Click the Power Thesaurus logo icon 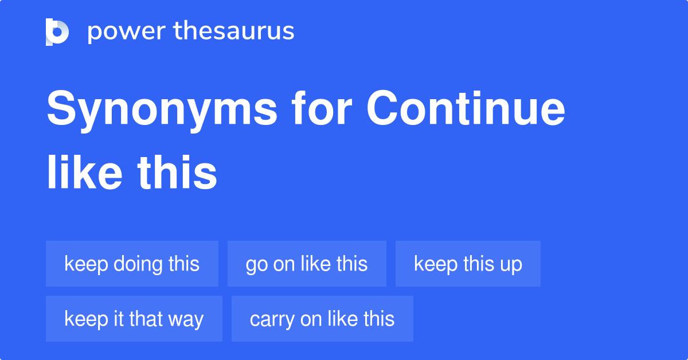click(57, 32)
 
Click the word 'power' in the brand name click(127, 32)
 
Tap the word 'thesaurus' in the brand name click(234, 30)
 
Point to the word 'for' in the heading click(322, 108)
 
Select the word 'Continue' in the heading click(466, 108)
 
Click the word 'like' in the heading click(84, 172)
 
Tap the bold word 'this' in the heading click(177, 172)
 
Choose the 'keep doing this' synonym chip click(132, 264)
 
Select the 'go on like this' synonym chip click(307, 264)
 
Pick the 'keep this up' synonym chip click(468, 264)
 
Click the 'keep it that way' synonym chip click(134, 319)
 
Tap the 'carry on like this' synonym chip click(322, 319)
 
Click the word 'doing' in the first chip click(138, 264)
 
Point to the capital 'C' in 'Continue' click(382, 108)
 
